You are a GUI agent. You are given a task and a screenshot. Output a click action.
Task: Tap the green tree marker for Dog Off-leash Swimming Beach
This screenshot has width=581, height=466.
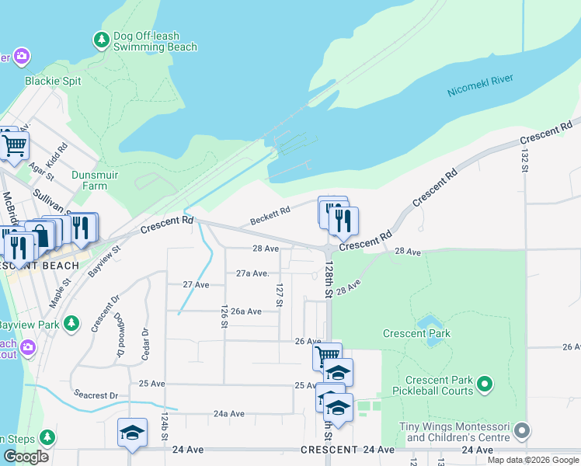tap(101, 39)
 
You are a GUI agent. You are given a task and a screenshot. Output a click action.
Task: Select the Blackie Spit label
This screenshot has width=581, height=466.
tap(53, 81)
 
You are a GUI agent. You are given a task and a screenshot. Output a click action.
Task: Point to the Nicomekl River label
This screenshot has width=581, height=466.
tap(481, 86)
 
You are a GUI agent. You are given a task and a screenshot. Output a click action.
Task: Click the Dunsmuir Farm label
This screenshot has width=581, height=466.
tap(95, 180)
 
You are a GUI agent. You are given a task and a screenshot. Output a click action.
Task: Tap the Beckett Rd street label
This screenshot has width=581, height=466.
tap(270, 216)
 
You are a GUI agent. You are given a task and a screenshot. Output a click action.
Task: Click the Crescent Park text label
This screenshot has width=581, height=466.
tap(416, 334)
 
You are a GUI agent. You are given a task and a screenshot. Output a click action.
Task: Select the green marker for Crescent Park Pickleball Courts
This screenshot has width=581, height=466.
tap(485, 384)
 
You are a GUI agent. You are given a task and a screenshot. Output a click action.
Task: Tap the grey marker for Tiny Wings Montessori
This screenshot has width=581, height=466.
tap(523, 429)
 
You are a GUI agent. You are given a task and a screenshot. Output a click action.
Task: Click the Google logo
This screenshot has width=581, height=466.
tap(26, 457)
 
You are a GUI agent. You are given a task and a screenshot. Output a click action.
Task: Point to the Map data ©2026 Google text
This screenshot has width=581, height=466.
tap(532, 460)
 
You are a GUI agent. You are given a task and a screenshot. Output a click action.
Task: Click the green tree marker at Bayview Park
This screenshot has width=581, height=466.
tap(71, 322)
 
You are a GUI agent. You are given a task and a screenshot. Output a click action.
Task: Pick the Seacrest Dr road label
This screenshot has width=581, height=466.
tap(95, 395)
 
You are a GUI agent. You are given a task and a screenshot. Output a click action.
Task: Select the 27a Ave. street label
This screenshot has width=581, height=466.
tap(252, 273)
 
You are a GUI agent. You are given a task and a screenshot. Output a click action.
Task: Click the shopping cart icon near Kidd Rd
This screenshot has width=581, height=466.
tap(14, 144)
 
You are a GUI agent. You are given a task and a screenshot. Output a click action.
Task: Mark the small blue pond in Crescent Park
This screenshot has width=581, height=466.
tap(429, 322)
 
